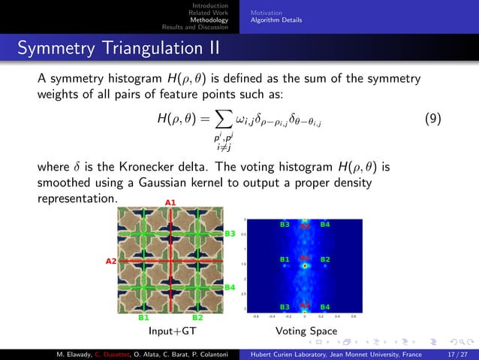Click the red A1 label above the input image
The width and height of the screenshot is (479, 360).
pyautogui.click(x=170, y=202)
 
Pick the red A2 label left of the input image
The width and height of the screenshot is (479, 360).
pyautogui.click(x=110, y=261)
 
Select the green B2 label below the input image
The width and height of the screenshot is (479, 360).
pyautogui.click(x=197, y=318)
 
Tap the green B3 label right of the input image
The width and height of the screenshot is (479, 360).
pyautogui.click(x=230, y=234)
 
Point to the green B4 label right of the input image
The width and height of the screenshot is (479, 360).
pyautogui.click(x=230, y=287)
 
